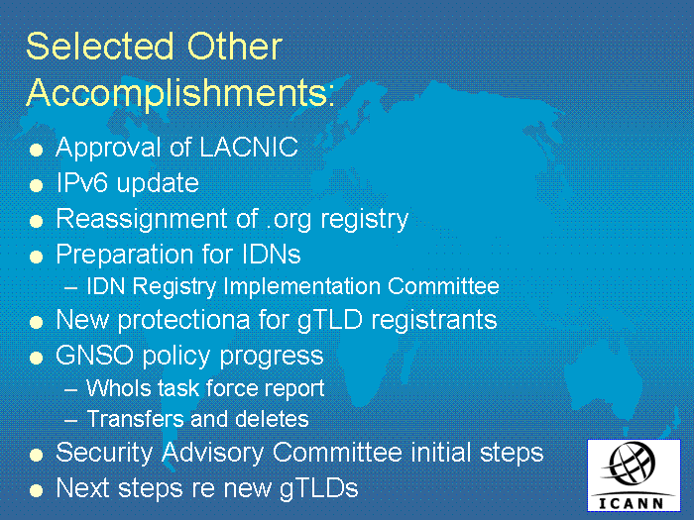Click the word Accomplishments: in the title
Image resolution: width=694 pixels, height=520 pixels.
[x=180, y=93]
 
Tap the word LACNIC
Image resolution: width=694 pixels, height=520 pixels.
[x=249, y=147]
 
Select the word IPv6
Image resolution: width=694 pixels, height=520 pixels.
[x=82, y=182]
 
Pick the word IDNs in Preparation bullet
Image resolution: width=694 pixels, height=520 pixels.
[x=272, y=254]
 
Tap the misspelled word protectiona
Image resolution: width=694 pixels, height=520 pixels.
[x=183, y=321]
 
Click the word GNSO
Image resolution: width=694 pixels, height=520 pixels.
[x=95, y=355]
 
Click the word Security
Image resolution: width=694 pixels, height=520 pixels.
[x=104, y=453]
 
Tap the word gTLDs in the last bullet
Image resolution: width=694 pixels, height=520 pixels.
[x=318, y=489]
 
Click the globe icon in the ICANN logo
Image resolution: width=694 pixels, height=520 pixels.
[x=631, y=465]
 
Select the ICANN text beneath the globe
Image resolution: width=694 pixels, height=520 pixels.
[x=632, y=503]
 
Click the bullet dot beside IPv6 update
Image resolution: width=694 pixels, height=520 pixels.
[x=36, y=185]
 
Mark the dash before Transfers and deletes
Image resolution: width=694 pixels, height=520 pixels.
[x=70, y=420]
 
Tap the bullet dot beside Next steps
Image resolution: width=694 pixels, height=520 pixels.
[x=36, y=490]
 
